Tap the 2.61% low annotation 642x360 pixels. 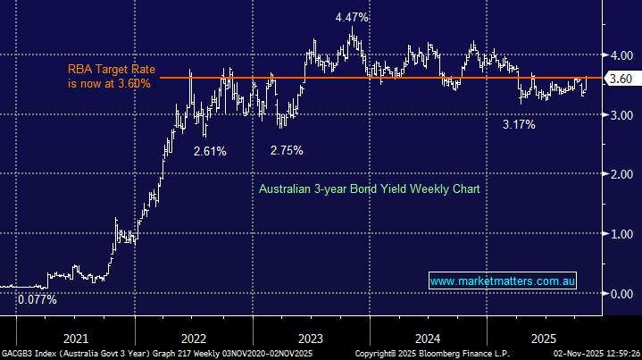[210, 151]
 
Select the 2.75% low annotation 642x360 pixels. [287, 150]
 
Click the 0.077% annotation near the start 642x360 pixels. [37, 300]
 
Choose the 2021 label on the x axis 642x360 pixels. [77, 339]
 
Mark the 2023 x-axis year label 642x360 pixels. [310, 339]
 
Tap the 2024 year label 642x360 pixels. [427, 339]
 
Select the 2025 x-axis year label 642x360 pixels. [544, 339]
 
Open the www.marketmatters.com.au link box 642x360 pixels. [503, 281]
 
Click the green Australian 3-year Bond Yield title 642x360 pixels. [370, 189]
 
